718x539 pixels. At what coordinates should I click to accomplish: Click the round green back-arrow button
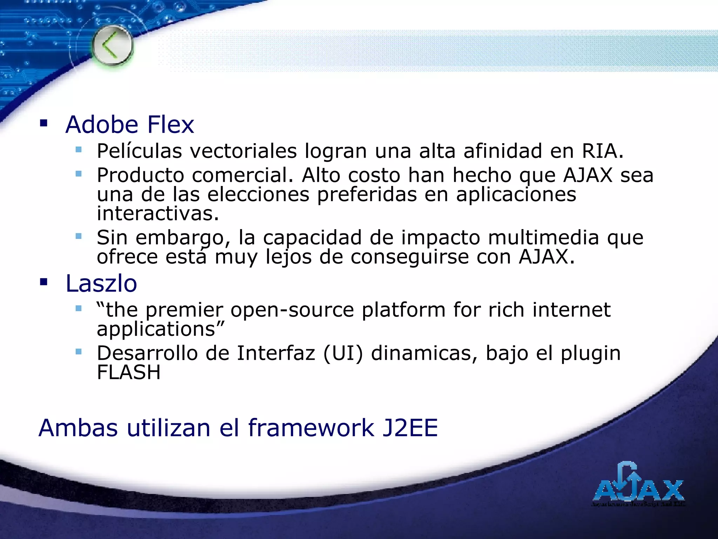113,46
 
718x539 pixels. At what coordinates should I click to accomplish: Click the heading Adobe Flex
130,125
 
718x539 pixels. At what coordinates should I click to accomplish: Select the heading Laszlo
101,284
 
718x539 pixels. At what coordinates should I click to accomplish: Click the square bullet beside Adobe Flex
43,123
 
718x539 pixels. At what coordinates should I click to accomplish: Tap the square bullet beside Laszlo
43,282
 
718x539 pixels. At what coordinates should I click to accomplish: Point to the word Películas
139,151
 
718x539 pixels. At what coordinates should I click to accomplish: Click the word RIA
602,151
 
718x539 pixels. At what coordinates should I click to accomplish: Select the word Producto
140,175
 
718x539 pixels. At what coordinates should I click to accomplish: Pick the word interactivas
158,213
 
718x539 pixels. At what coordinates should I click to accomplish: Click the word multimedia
543,238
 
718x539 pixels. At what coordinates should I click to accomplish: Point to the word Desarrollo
147,353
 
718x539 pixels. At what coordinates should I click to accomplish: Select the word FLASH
129,373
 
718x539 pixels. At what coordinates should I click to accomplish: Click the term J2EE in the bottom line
410,428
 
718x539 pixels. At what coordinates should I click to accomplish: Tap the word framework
311,428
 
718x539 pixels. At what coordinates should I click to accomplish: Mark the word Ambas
78,428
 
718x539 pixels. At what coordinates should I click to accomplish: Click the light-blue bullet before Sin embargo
79,236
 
